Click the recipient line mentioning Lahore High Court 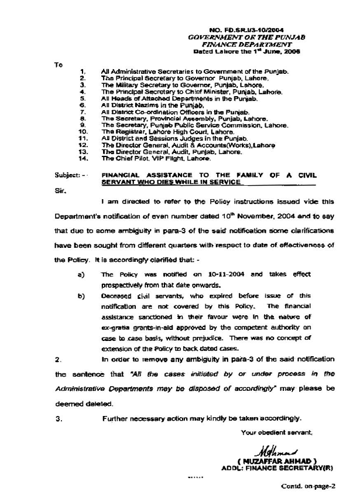[159, 132]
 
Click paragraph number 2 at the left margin [57, 358]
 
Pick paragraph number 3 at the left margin [57, 419]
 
